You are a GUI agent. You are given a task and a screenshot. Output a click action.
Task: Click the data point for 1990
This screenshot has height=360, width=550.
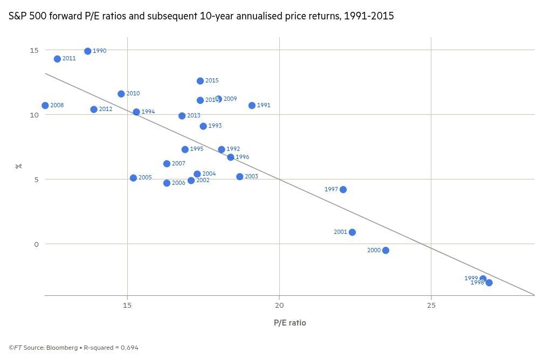pos(88,51)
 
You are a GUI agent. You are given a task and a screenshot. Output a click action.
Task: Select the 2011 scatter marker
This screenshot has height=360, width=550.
pos(57,59)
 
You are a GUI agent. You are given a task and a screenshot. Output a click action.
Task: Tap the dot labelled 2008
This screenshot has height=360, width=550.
pos(45,106)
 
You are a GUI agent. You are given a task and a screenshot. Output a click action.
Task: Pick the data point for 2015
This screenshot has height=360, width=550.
pos(201,81)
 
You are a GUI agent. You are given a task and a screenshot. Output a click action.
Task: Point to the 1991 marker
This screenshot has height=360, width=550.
pos(252,106)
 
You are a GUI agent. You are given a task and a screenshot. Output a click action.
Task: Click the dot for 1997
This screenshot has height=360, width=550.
pos(343,190)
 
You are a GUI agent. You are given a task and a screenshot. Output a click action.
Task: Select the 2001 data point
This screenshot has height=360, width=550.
pos(352,232)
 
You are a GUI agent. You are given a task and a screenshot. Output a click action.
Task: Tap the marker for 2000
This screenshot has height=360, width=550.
pos(386,251)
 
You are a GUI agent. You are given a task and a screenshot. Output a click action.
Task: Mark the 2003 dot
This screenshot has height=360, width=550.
pos(240,177)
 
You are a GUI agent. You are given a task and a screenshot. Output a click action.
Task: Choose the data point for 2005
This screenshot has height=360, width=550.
pos(134,178)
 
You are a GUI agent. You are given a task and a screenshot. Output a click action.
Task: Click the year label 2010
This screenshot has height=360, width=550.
pos(133,94)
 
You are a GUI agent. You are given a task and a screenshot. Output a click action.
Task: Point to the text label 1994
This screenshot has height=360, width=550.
pos(148,112)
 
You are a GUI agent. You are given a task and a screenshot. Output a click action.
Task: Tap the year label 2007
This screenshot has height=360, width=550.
pos(178,164)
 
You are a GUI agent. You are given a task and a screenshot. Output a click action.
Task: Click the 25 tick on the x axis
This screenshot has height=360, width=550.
pos(431,306)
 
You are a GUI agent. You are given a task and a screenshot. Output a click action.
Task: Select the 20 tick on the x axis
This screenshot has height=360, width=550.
pos(279,306)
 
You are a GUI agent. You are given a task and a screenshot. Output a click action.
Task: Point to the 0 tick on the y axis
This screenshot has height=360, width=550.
pos(36,244)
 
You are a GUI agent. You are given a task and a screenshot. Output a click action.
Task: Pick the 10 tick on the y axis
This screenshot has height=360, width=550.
pos(34,115)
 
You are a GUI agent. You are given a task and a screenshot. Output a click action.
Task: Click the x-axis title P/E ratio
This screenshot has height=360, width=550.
pos(290,323)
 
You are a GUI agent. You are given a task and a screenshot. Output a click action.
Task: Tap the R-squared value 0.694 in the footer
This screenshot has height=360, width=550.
pos(129,348)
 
